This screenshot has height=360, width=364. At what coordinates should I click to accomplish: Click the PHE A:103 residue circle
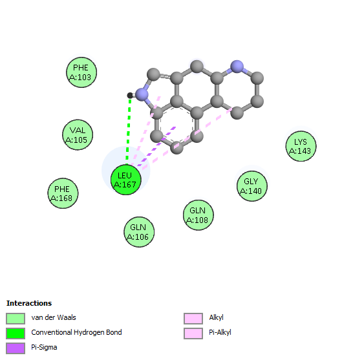click(x=81, y=72)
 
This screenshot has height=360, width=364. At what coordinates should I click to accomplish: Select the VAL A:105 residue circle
click(x=78, y=135)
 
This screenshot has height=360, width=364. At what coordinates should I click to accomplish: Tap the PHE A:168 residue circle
click(x=63, y=193)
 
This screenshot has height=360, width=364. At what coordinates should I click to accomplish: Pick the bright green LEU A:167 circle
click(x=126, y=180)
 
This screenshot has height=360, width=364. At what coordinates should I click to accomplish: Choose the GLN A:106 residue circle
click(x=139, y=232)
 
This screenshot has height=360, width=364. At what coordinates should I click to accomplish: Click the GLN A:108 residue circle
click(x=198, y=215)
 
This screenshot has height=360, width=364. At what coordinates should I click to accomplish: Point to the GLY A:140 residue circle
click(x=252, y=186)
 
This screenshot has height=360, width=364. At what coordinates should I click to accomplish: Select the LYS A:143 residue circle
click(x=301, y=146)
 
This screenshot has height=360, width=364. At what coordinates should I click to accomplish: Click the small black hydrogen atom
click(x=130, y=95)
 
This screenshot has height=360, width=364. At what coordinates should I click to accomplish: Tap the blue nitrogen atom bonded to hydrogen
click(x=142, y=94)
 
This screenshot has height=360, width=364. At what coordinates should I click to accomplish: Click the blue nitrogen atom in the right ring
click(x=237, y=67)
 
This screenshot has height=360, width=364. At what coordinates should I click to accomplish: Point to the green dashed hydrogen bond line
click(x=129, y=129)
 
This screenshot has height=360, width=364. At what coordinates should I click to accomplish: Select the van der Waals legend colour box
click(x=16, y=319)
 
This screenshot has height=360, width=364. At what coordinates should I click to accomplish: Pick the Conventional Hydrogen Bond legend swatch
click(x=16, y=334)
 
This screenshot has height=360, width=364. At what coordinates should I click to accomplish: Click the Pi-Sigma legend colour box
click(x=16, y=348)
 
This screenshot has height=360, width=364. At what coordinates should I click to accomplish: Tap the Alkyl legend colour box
click(x=193, y=319)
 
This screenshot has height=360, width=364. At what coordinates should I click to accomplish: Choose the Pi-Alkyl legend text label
click(x=220, y=332)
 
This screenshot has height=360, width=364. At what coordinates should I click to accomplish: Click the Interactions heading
click(x=29, y=303)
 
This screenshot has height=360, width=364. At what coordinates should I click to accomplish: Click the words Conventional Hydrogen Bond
click(x=76, y=332)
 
